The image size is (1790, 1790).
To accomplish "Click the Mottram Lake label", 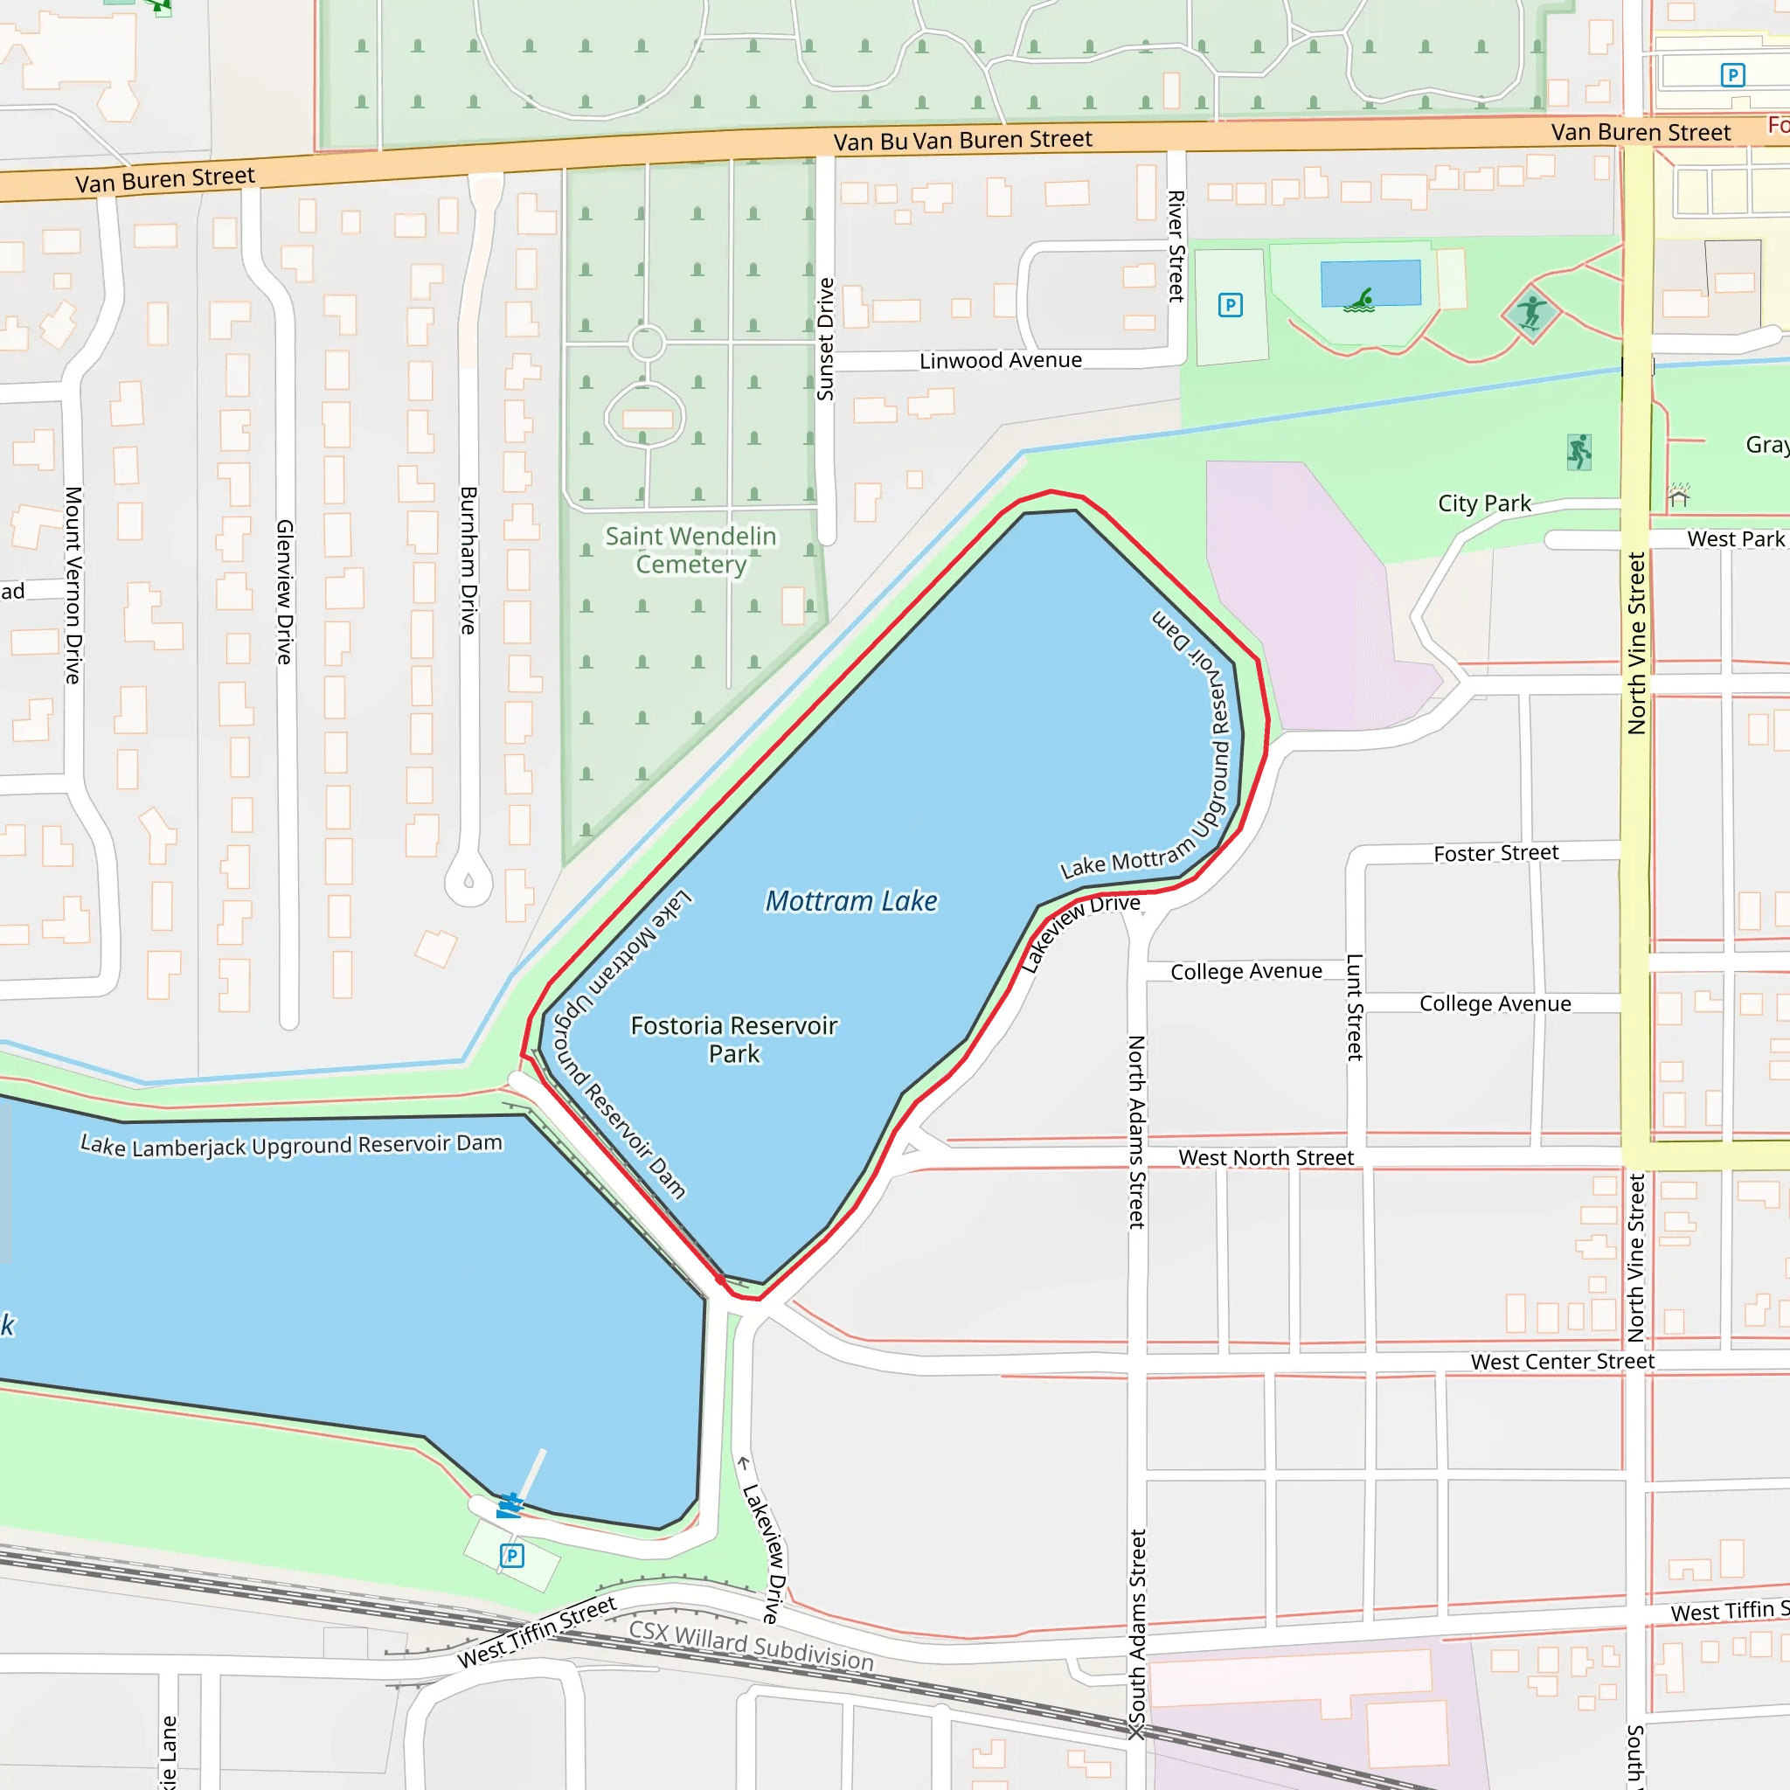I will [x=850, y=901].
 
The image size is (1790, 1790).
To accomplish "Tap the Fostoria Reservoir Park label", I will [x=734, y=1039].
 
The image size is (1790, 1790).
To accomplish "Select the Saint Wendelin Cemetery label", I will [x=690, y=551].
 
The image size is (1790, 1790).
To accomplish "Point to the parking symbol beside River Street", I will [x=1230, y=305].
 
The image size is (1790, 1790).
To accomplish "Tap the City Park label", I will [x=1483, y=504].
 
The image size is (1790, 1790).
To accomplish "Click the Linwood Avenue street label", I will [x=1000, y=360].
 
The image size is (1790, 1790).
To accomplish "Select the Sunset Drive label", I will [x=825, y=339].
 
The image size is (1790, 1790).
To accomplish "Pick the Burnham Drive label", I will [x=468, y=560].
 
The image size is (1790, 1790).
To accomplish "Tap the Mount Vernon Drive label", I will [x=73, y=586].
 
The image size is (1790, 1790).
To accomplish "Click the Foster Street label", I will [x=1495, y=853].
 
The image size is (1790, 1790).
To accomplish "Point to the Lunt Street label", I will [x=1354, y=1007].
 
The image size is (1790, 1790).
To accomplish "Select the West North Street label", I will [x=1266, y=1158].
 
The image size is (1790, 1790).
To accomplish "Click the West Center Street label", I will [x=1562, y=1362].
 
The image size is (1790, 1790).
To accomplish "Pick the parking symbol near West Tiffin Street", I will [x=512, y=1556].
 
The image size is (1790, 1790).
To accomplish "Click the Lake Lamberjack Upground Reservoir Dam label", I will [x=291, y=1146].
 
